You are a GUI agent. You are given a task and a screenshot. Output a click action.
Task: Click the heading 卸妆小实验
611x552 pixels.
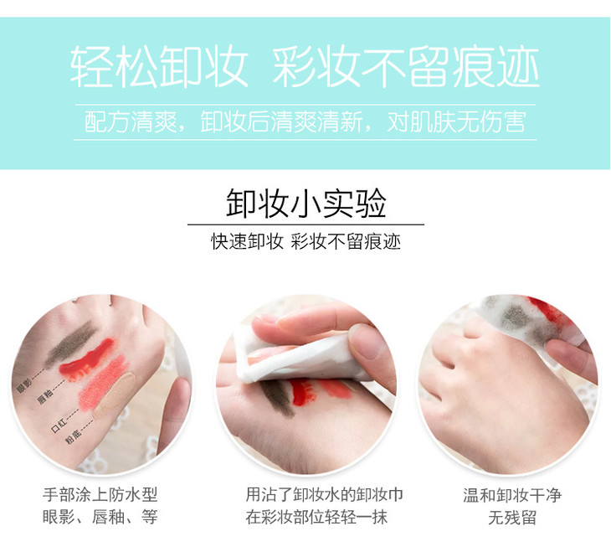[x=305, y=204]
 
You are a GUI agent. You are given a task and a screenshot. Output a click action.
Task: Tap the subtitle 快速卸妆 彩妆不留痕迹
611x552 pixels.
[x=305, y=242]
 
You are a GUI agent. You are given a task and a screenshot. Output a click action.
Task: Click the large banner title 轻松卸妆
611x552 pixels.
[x=159, y=67]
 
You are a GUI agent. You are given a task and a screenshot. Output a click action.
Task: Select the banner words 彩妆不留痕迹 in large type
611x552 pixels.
[x=406, y=67]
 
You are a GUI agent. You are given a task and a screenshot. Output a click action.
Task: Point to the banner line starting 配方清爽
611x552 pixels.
[x=305, y=122]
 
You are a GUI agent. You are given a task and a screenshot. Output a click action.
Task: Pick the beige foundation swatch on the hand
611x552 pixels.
[x=115, y=395]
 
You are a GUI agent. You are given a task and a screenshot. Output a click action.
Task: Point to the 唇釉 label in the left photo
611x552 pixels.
[x=45, y=397]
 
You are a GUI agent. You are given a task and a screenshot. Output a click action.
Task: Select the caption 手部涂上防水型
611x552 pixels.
[x=100, y=495]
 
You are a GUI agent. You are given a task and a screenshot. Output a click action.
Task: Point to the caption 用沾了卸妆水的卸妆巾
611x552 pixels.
[x=324, y=495]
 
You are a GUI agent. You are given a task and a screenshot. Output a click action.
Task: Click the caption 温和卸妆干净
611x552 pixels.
[x=512, y=495]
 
